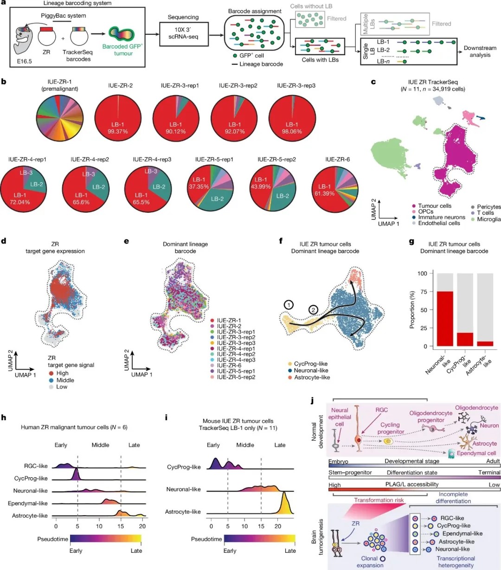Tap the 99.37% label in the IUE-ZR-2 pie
(x=118, y=131)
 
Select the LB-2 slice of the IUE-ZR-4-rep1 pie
(x=37, y=184)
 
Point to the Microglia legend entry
(x=488, y=219)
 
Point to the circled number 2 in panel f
(x=314, y=310)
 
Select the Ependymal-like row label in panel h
(x=28, y=503)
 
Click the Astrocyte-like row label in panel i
(x=183, y=512)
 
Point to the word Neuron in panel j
(x=489, y=425)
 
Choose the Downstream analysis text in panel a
(x=480, y=51)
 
